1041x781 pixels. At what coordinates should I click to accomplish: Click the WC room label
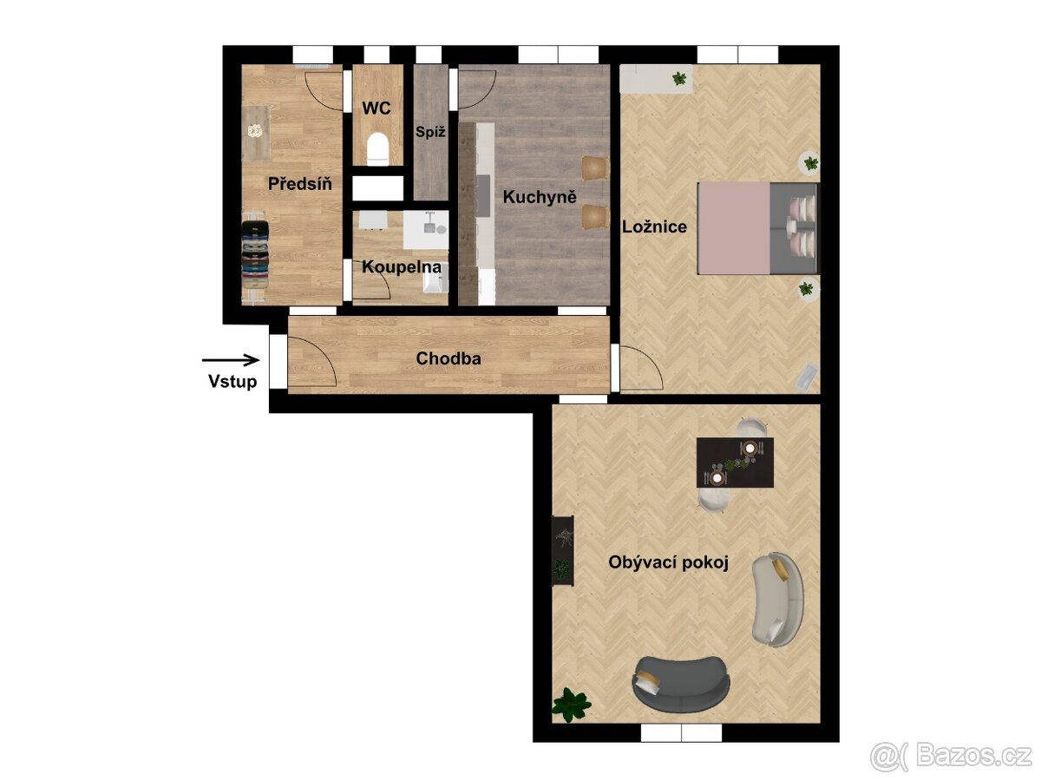(376, 108)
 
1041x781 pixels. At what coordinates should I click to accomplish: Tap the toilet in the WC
(378, 149)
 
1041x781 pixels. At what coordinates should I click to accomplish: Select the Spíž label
(430, 131)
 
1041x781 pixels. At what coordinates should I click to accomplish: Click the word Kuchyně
(540, 197)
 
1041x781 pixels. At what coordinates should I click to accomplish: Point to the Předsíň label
(300, 183)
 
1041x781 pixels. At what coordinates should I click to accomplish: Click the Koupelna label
(402, 267)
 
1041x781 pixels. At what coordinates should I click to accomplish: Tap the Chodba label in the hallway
(448, 358)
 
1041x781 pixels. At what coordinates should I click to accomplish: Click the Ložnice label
(654, 226)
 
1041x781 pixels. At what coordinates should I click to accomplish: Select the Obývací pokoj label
(668, 562)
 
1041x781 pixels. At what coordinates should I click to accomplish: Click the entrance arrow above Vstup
(231, 360)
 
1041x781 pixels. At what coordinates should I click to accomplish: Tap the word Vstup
(232, 381)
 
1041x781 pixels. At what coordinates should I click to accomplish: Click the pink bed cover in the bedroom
(734, 228)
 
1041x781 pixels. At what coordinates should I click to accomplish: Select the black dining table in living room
(735, 463)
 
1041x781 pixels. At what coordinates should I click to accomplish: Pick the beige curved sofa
(778, 599)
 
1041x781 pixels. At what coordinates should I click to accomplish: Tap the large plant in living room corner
(571, 706)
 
